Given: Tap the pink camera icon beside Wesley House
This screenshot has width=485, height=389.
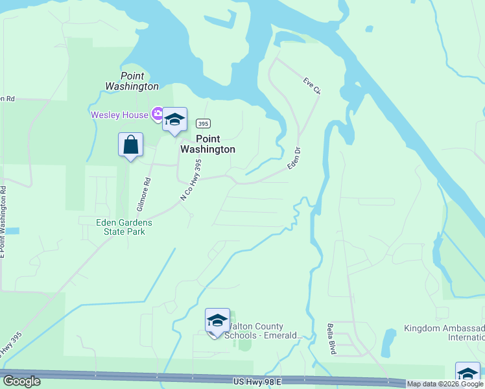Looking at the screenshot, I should (x=156, y=115).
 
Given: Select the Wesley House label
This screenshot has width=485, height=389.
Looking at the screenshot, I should (x=120, y=115).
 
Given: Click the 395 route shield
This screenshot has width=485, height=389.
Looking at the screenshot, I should (x=203, y=123).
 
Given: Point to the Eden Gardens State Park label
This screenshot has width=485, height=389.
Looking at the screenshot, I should (x=121, y=226).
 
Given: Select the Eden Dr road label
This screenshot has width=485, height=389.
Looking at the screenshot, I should (x=296, y=159).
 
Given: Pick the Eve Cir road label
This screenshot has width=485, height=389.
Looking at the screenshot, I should (x=312, y=86).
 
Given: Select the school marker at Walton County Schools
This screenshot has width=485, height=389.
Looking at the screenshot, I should (x=217, y=321).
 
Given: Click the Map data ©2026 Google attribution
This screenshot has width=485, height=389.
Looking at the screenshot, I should (x=445, y=384).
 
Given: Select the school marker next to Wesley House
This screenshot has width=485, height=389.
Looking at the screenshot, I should (x=174, y=120).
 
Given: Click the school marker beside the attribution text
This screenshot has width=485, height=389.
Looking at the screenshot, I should (x=467, y=374).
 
